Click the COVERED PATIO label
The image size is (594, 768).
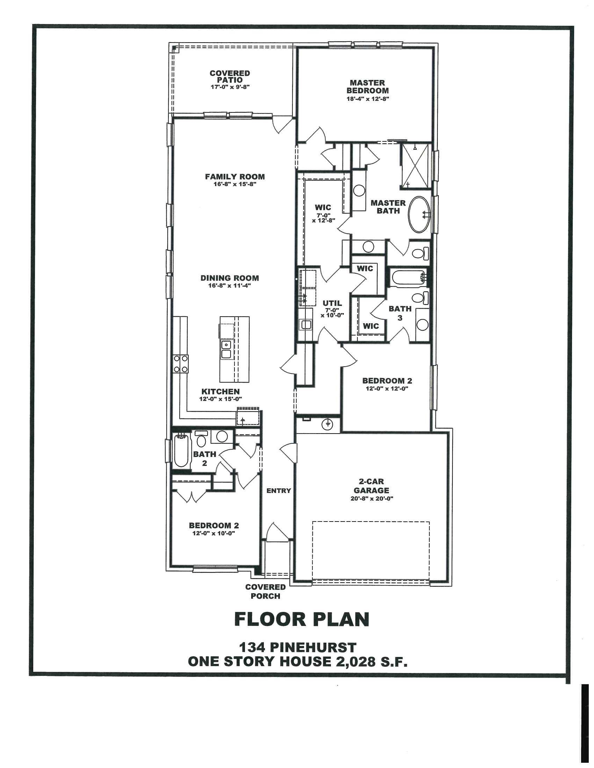pos(230,77)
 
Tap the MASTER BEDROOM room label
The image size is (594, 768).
pos(367,87)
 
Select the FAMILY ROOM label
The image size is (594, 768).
pos(235,177)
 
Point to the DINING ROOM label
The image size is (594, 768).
pos(230,278)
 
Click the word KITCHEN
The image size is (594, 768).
pos(220,391)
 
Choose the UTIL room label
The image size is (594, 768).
pos(332,303)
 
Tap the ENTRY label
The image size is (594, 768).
pos(279,490)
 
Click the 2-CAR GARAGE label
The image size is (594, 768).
pos(371,486)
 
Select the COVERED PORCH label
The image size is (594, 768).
pos(265,591)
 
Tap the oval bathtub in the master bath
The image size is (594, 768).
pos(419,214)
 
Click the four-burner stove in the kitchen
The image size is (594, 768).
pos(181,364)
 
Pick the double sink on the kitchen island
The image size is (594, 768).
pos(226,349)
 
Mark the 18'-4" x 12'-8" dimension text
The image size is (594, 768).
pos(367,99)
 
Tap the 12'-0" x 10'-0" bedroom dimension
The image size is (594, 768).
pos(213,533)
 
